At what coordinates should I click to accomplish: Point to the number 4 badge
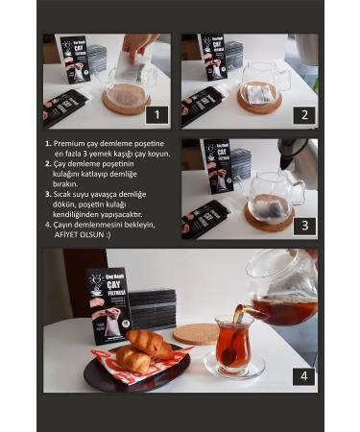coord(304,375)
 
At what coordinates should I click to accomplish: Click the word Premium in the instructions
coord(77,143)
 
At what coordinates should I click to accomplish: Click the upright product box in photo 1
coord(74,60)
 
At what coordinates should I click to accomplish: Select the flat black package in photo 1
coord(65,106)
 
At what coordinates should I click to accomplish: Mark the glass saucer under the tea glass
coord(234,367)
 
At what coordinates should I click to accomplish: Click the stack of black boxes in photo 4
coord(154,310)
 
